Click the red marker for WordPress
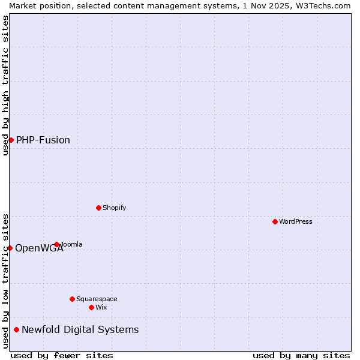click(275, 221)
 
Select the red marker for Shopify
click(98, 208)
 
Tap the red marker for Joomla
click(57, 244)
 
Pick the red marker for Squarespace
click(72, 299)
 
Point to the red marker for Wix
click(91, 307)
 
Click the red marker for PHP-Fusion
click(11, 140)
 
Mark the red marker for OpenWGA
click(10, 248)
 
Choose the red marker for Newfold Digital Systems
click(16, 329)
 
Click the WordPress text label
click(296, 221)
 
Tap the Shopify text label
click(114, 208)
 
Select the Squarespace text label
click(97, 299)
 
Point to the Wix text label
click(101, 307)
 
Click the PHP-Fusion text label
click(43, 140)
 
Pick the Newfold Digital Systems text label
click(80, 329)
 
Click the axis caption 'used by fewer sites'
click(62, 355)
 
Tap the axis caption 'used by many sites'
click(301, 355)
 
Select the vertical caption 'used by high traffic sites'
click(5, 85)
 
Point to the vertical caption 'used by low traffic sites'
click(5, 281)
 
